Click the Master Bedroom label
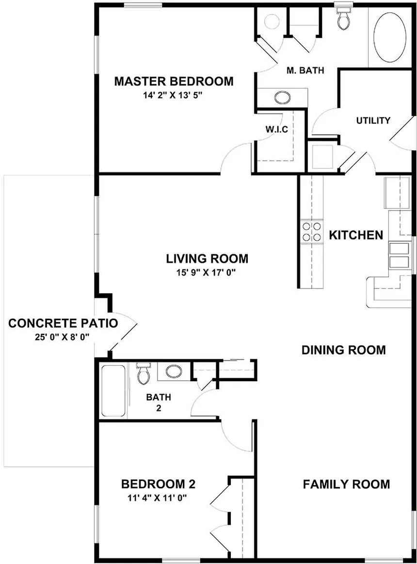[174, 81]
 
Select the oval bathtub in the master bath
[390, 37]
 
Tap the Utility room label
[373, 121]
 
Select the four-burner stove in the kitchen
[312, 231]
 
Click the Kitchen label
[356, 236]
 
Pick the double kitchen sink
[400, 255]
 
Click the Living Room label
[207, 258]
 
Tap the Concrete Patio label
[63, 323]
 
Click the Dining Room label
[343, 350]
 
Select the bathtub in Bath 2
[113, 390]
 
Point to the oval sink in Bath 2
[173, 372]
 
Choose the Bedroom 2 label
[158, 484]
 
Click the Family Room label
[346, 484]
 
